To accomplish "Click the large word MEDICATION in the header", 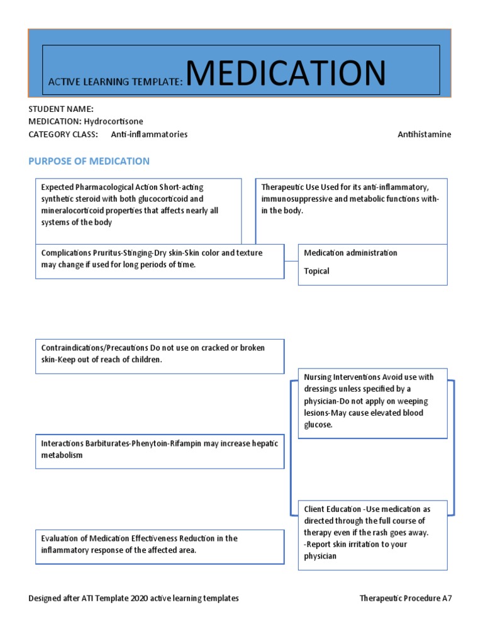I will coord(286,74).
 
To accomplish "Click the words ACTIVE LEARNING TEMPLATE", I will coord(115,82).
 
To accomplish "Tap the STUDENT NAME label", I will coord(61,109).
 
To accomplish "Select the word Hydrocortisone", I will coord(113,121).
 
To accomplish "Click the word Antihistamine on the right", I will coord(424,134).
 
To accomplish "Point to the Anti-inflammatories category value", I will coord(149,134).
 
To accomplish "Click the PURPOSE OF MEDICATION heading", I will coord(89,161).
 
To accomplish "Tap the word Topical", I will coord(316,271).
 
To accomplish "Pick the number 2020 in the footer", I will coord(142,598).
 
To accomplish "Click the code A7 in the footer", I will coord(446,598).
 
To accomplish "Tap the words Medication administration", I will coord(350,253).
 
